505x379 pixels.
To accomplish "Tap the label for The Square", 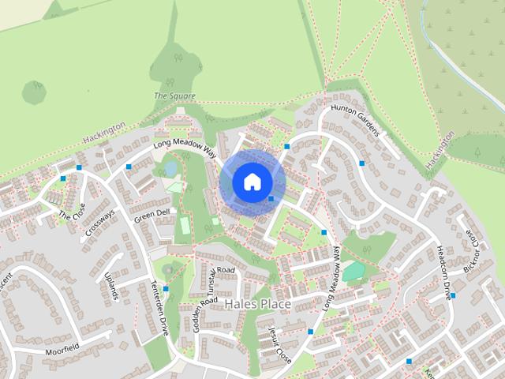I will click(174, 96).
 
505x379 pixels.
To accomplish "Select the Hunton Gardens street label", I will click(355, 120).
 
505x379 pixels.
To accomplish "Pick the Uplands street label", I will click(110, 286).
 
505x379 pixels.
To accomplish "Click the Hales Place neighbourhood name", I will click(257, 304).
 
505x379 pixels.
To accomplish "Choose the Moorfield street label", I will click(62, 347).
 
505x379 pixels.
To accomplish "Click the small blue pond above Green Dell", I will click(170, 167).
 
